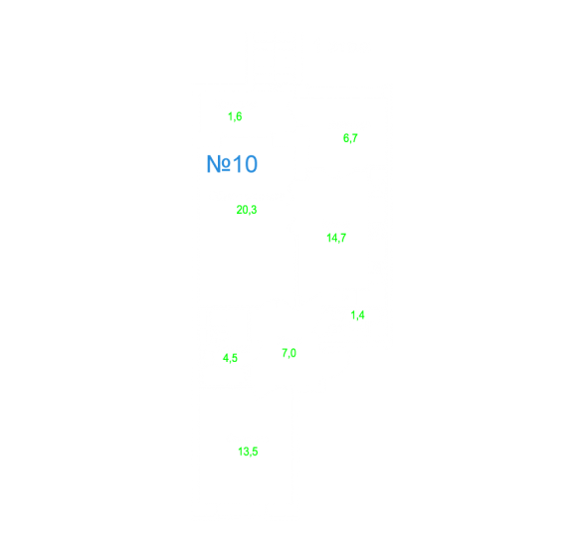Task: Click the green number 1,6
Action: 235,116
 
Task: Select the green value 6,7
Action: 350,138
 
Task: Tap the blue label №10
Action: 232,164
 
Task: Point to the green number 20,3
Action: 247,210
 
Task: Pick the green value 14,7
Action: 336,238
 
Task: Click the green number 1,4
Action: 357,314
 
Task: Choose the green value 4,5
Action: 230,358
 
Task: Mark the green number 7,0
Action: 288,353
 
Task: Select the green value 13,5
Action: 248,452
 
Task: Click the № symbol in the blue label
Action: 219,164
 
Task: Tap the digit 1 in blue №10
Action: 237,164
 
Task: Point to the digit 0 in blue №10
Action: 251,164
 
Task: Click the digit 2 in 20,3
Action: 239,210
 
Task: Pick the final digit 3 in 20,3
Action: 254,210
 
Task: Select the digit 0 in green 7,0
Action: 293,352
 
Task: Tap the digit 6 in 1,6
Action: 239,116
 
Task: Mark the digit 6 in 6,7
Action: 346,137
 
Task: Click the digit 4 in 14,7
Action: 334,238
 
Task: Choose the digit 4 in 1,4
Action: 361,314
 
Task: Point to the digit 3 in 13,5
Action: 246,451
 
